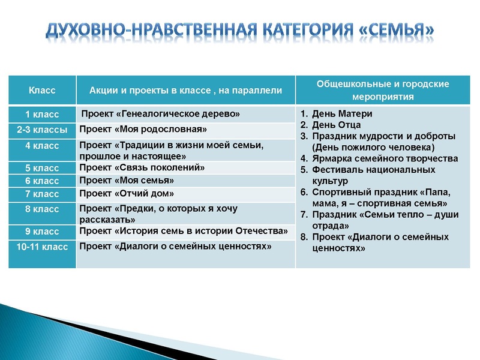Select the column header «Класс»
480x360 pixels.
point(42,91)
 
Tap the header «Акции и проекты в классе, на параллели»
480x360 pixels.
point(185,91)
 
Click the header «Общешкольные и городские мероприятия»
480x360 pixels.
point(383,91)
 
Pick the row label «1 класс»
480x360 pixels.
point(42,114)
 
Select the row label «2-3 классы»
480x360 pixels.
point(42,130)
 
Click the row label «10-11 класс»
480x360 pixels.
point(42,247)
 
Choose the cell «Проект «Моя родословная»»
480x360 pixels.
point(143,130)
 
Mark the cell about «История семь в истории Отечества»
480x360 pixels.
point(184,230)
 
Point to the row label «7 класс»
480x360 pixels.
point(42,194)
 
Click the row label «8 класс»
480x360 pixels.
point(42,209)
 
